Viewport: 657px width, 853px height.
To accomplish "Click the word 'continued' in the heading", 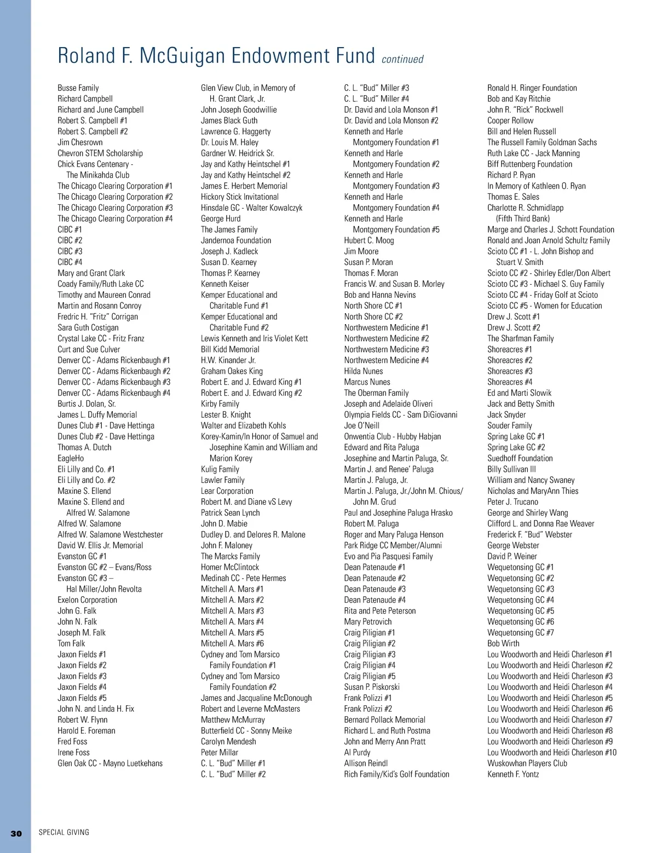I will click(x=402, y=59).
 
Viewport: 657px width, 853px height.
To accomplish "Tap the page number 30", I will click(x=16, y=833).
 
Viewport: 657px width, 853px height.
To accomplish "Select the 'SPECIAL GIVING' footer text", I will click(x=64, y=833).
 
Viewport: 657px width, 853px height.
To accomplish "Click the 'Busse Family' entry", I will click(x=78, y=88).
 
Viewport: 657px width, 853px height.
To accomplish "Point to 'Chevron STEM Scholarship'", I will click(x=100, y=153).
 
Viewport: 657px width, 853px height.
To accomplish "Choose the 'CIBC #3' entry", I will click(x=70, y=251).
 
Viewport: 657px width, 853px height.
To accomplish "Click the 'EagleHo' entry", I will click(x=71, y=458).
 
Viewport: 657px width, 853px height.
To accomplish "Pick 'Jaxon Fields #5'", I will click(x=82, y=698).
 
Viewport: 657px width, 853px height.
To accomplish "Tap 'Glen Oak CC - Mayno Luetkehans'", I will click(x=110, y=763).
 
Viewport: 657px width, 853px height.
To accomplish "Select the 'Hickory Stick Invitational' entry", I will click(x=240, y=197).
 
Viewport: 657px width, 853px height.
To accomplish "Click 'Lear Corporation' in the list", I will click(x=227, y=491).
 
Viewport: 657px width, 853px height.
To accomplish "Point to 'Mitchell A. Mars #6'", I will click(x=232, y=643).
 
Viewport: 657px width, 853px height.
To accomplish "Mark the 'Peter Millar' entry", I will click(x=220, y=752).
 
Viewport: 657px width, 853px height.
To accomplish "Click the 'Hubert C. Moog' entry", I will click(x=369, y=240).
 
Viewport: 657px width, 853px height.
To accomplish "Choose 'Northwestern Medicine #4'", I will click(x=387, y=360).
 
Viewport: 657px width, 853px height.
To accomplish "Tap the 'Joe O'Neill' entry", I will click(x=362, y=425).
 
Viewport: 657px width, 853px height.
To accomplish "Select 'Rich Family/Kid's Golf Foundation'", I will click(x=396, y=774).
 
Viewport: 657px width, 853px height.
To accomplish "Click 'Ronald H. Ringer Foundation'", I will click(x=532, y=88).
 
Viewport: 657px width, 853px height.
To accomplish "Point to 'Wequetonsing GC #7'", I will click(x=521, y=632).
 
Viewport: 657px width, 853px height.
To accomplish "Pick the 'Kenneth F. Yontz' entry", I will click(x=513, y=774).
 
